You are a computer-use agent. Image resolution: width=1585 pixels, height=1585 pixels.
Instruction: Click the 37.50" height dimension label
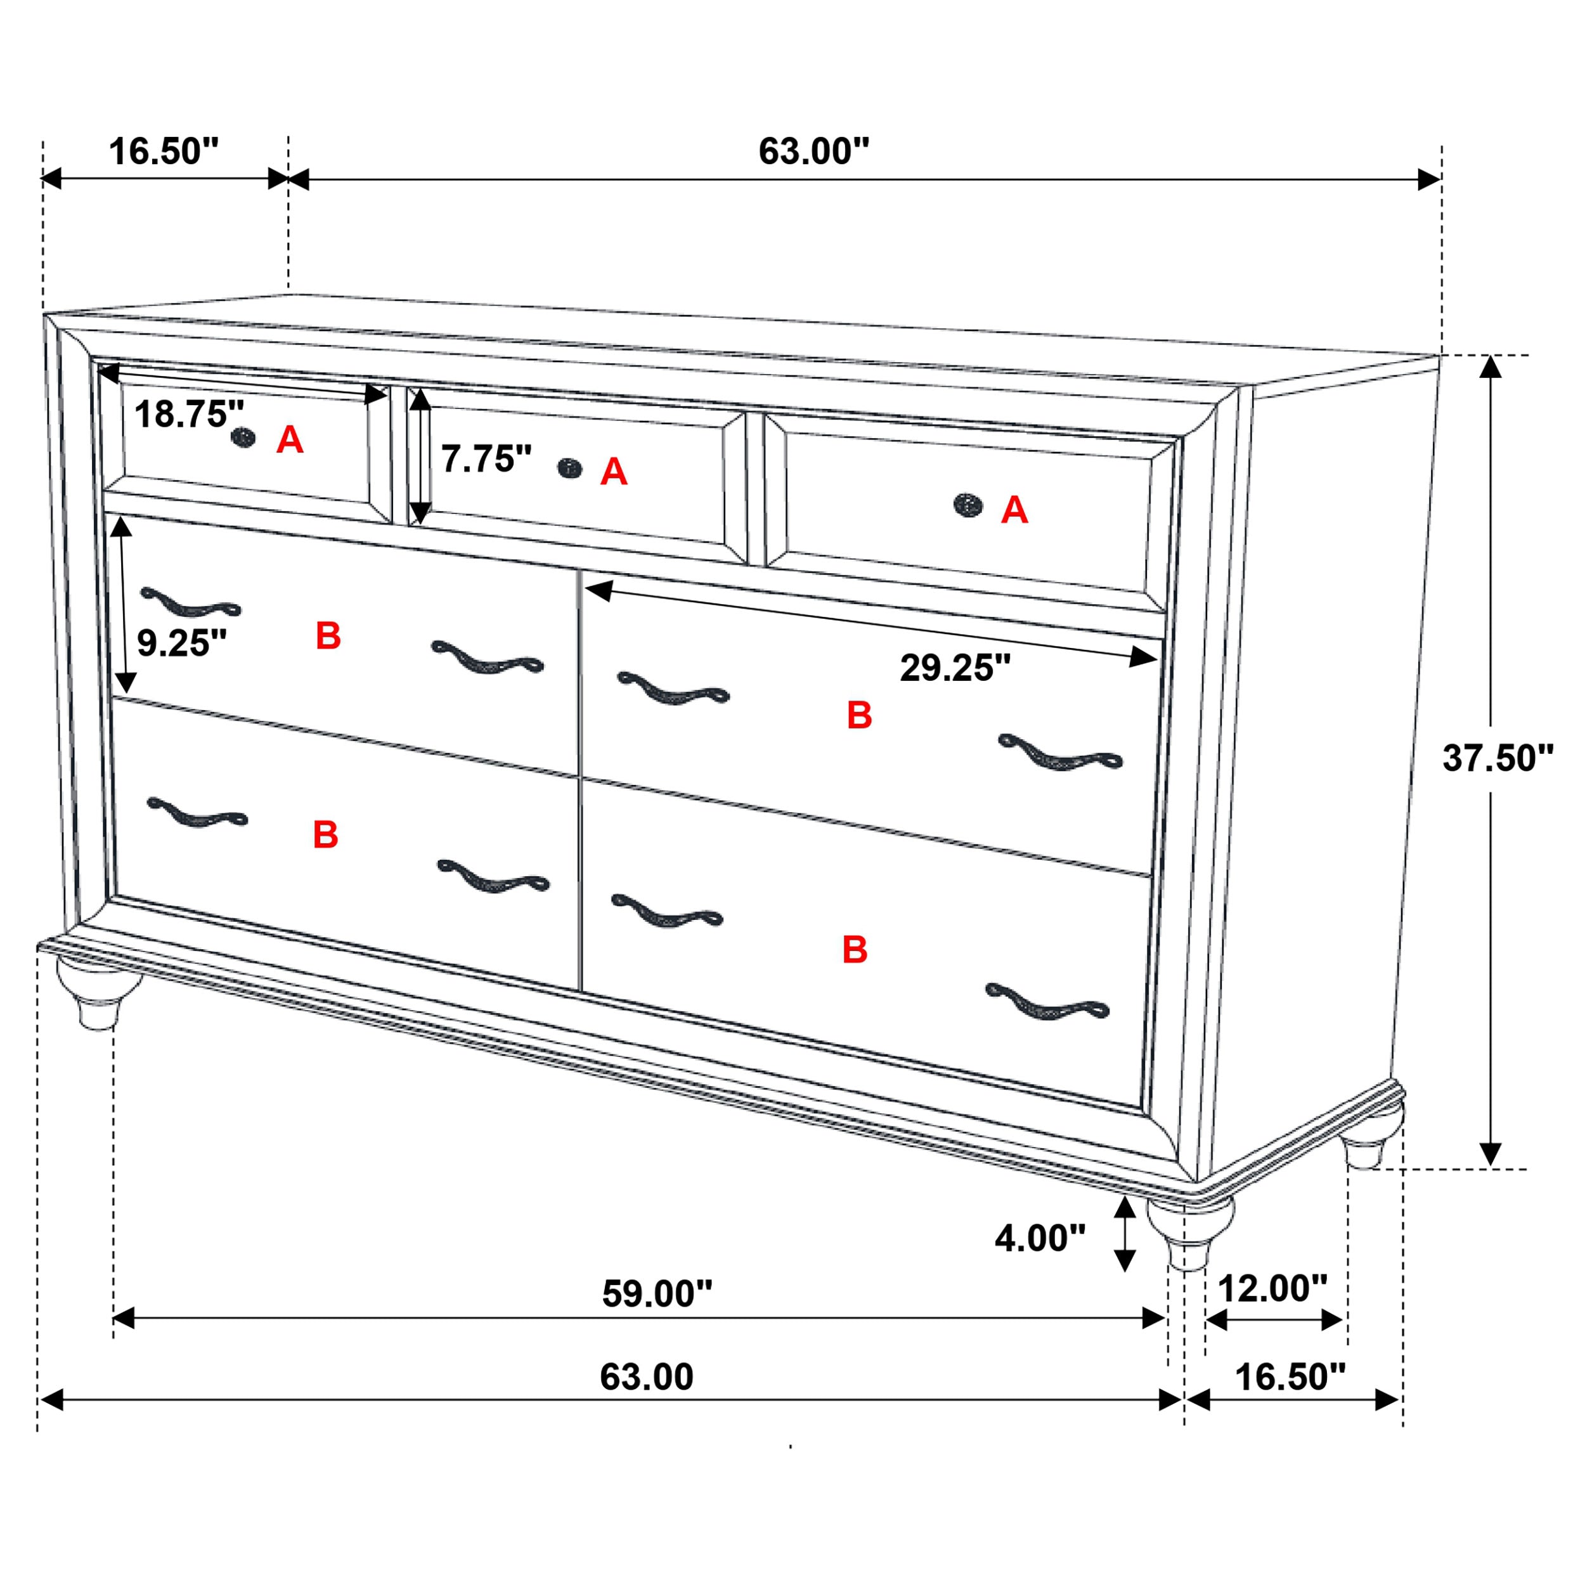pos(1498,759)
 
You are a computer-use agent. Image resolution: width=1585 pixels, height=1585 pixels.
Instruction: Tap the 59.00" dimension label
pos(657,1294)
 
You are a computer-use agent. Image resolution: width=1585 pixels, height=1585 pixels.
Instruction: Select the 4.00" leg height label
pos(1039,1238)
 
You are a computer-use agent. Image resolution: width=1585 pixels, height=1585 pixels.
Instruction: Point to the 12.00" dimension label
pos(1272,1289)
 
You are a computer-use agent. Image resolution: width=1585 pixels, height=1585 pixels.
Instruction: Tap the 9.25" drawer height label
pos(181,643)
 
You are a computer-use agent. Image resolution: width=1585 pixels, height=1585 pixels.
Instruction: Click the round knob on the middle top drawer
pos(569,469)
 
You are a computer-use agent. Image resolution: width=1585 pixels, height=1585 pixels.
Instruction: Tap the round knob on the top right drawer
pos(968,505)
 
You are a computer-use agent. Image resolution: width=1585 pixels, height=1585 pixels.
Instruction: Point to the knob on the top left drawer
pos(243,438)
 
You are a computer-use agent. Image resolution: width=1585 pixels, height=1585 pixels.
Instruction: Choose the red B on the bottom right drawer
pos(855,949)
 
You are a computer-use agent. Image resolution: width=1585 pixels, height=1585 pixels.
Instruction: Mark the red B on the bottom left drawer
pos(326,834)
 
